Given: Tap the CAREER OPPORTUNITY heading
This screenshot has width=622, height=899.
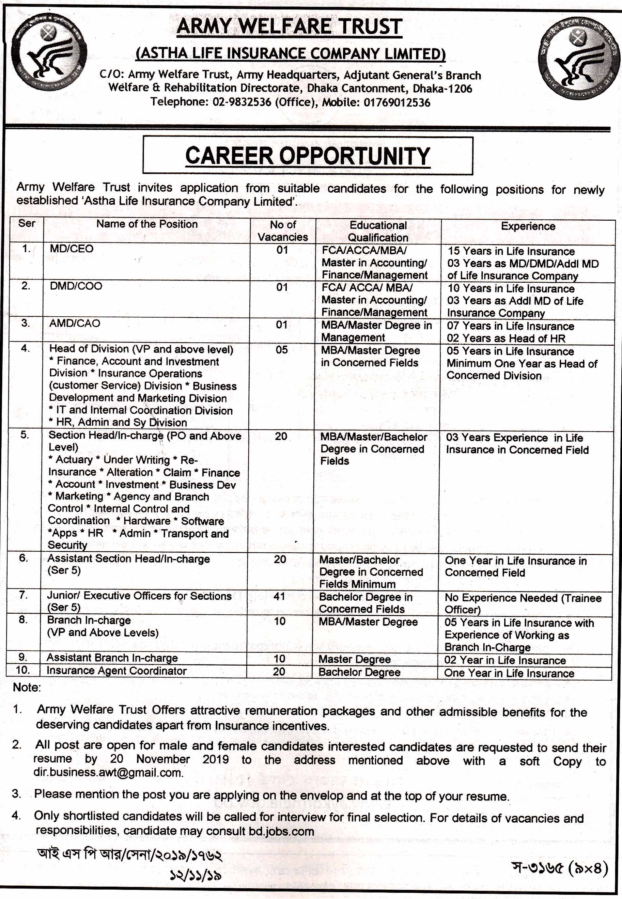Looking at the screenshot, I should (x=307, y=156).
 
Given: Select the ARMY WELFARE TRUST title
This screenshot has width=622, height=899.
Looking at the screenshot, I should (x=289, y=26).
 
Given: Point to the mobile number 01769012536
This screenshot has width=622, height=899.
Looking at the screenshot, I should (x=397, y=103).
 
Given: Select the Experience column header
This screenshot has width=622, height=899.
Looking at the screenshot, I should (x=528, y=226).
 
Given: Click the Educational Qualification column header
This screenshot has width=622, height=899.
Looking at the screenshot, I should (x=378, y=231).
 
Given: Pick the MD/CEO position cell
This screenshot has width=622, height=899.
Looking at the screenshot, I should (x=72, y=249).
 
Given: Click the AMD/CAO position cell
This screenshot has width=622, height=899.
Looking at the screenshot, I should (x=74, y=323).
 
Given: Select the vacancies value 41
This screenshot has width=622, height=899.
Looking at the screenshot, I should (x=279, y=596).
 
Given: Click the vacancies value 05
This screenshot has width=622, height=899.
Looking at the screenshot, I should (x=281, y=349).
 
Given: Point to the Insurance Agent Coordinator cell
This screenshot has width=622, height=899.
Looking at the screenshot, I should (x=117, y=670).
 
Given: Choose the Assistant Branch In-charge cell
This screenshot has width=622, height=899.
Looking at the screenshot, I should (x=112, y=658).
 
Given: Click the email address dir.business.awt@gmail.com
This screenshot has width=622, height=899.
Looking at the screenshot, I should (x=108, y=772).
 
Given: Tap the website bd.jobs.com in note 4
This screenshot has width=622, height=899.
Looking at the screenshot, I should (x=281, y=831).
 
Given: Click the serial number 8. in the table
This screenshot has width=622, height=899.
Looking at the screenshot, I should (x=23, y=620).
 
